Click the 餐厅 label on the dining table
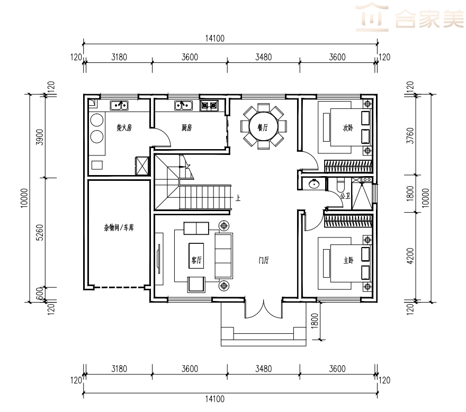(263, 127)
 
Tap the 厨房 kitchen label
(186, 128)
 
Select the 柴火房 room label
(124, 128)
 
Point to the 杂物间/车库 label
(119, 227)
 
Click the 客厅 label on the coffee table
(196, 260)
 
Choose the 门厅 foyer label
(264, 260)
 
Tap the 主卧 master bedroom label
(348, 261)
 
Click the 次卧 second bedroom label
(348, 128)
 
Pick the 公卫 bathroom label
(345, 196)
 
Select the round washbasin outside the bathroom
(314, 185)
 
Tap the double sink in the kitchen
(183, 105)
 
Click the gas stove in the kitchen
(209, 105)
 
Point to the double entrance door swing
(263, 310)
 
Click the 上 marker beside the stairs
(238, 198)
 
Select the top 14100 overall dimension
(215, 38)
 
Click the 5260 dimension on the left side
(40, 232)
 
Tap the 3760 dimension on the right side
(410, 135)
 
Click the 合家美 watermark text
(430, 19)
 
